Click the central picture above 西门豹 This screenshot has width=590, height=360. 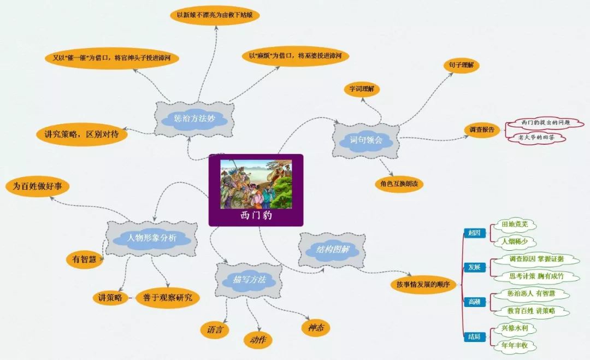click(256, 184)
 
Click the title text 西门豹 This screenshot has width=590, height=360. click(256, 215)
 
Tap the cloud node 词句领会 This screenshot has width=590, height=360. click(367, 140)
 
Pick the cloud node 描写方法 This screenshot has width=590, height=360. click(249, 279)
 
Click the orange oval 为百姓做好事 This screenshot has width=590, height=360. click(38, 186)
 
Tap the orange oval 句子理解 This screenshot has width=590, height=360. click(461, 65)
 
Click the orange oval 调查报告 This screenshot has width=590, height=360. click(482, 129)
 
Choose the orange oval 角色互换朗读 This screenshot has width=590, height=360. click(399, 184)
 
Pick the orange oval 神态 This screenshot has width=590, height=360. click(316, 327)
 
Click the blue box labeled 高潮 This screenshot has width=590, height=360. click(474, 302)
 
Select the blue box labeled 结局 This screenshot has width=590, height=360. click(474, 337)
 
